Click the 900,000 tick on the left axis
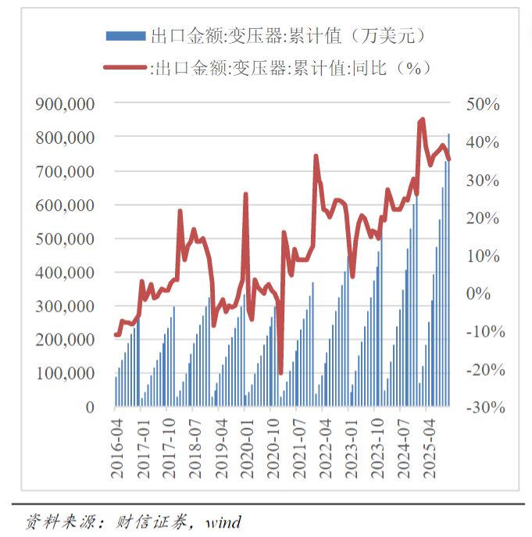(66, 104)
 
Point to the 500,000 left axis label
(66, 238)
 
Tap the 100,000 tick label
(66, 374)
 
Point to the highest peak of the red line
(423, 120)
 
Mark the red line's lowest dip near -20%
(280, 372)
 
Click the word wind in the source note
(223, 522)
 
